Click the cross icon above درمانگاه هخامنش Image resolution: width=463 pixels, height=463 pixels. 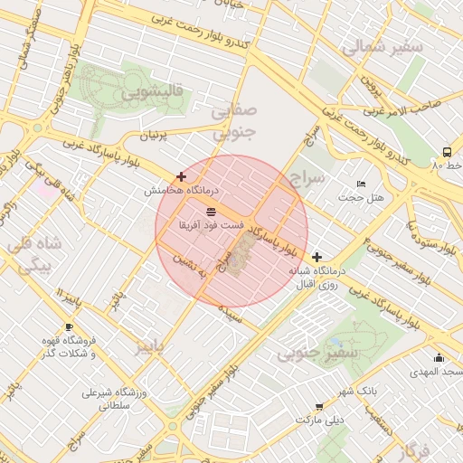click(182, 176)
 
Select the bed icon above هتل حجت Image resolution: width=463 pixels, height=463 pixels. click(362, 184)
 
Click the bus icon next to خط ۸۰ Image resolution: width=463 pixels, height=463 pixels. click(448, 152)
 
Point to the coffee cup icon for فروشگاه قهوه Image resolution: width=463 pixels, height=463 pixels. click(69, 326)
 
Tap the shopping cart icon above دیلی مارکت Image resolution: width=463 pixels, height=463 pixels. click(318, 407)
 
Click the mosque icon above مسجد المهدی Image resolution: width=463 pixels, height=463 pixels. click(439, 357)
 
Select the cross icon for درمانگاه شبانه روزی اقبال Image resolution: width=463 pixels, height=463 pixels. click(316, 258)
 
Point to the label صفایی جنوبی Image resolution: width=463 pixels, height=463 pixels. click(234, 121)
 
